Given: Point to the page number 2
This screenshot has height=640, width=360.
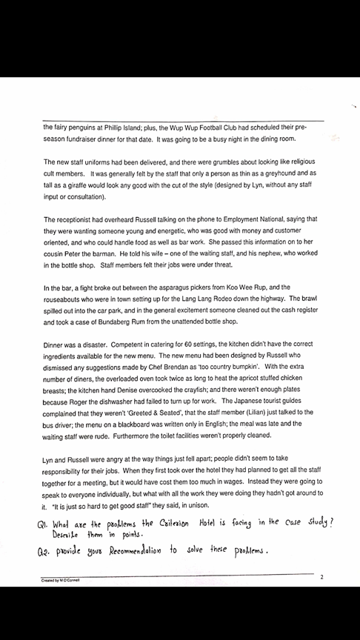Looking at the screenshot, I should pyautogui.click(x=321, y=576).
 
